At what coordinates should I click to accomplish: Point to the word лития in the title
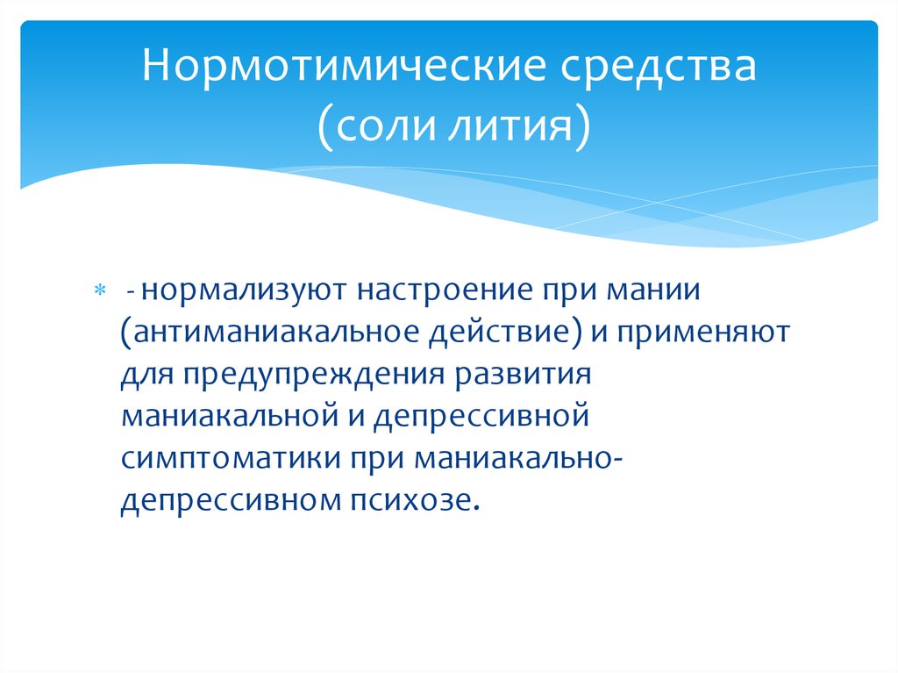[510, 126]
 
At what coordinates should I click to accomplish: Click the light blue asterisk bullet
[100, 290]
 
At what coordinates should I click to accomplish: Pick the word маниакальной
[231, 416]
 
